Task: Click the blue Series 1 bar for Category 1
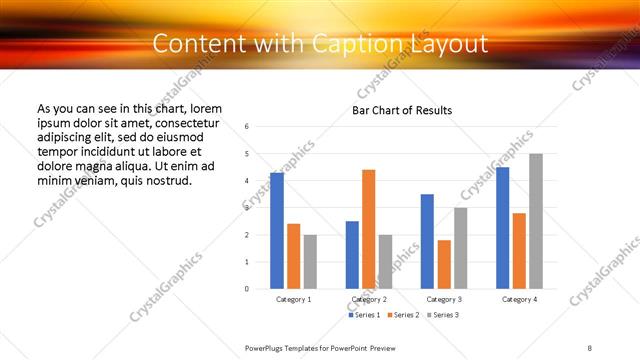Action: (277, 231)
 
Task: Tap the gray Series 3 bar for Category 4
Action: (536, 221)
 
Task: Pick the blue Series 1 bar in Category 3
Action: (427, 241)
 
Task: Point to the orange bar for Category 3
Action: (444, 264)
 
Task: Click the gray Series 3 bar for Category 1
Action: (310, 262)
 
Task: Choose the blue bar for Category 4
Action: (502, 228)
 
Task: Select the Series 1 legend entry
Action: (364, 315)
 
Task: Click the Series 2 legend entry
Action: (402, 315)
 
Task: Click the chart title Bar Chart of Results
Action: (402, 110)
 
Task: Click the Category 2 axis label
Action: (368, 299)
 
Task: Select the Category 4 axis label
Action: (519, 299)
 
